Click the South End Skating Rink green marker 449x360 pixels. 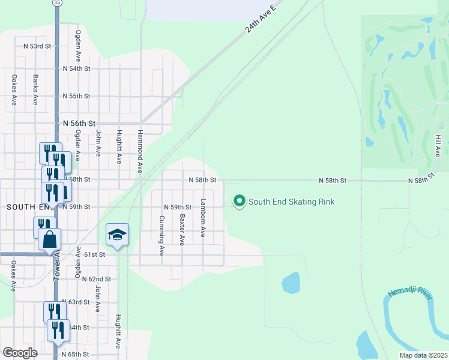240,202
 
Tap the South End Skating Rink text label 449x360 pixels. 291,202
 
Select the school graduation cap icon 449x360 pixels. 118,235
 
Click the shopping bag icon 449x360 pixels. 49,239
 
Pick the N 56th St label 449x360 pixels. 79,123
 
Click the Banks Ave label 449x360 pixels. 35,90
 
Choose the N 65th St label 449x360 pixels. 76,355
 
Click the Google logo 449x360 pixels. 20,353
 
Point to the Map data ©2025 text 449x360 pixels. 423,355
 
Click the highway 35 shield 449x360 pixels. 56,3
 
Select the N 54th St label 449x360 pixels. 76,69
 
